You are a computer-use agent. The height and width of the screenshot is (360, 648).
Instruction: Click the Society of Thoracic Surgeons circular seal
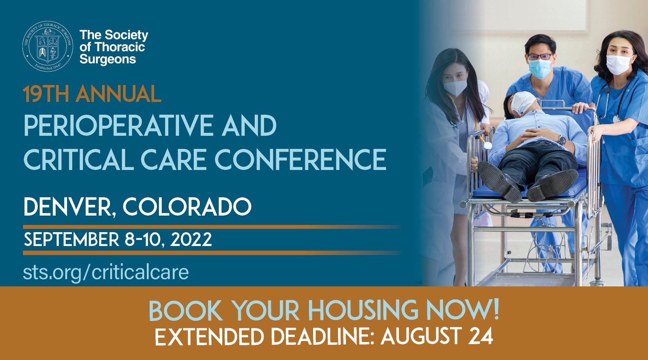pyautogui.click(x=48, y=46)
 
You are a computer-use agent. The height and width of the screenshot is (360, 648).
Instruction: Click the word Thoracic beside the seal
pyautogui.click(x=119, y=47)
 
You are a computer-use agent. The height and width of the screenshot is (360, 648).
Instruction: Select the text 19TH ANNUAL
pyautogui.click(x=92, y=94)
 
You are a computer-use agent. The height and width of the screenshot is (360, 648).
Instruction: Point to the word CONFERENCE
pyautogui.click(x=300, y=160)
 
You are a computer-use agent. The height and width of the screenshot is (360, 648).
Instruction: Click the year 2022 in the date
pyautogui.click(x=191, y=239)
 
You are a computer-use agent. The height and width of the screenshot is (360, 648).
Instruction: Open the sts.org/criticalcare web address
pyautogui.click(x=106, y=272)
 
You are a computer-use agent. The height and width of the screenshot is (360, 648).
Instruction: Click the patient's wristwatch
pyautogui.click(x=562, y=140)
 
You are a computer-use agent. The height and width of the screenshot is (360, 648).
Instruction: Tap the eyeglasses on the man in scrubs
pyautogui.click(x=540, y=56)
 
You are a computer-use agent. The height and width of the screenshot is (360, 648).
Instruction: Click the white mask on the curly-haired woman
pyautogui.click(x=620, y=64)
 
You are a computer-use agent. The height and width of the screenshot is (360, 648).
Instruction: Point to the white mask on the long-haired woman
pyautogui.click(x=455, y=87)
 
